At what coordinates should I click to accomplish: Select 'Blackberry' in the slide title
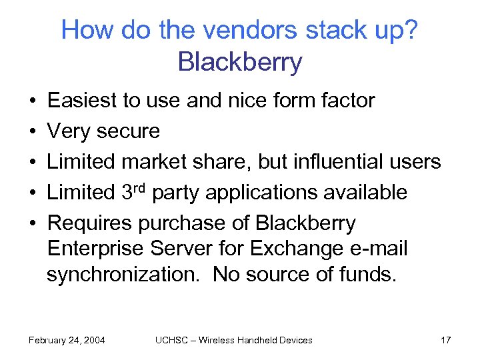[x=240, y=62]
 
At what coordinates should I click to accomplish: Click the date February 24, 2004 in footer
[x=67, y=340]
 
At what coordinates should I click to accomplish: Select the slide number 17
[x=446, y=340]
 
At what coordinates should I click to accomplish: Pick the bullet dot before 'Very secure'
[x=32, y=132]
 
